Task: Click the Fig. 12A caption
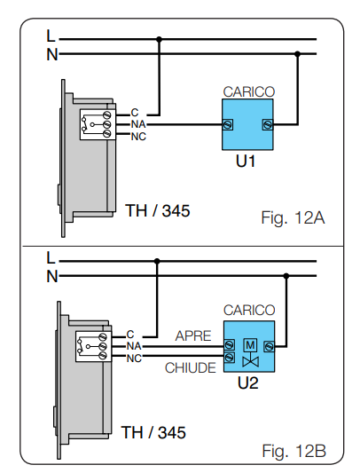(x=293, y=218)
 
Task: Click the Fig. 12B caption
(x=294, y=451)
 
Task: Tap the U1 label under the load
(x=246, y=162)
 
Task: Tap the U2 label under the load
(x=248, y=383)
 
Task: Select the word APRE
(x=193, y=336)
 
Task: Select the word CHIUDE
(x=191, y=368)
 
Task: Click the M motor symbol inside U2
(x=250, y=345)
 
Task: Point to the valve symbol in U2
(x=251, y=361)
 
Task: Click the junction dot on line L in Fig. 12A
(x=160, y=39)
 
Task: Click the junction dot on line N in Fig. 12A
(x=298, y=54)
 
